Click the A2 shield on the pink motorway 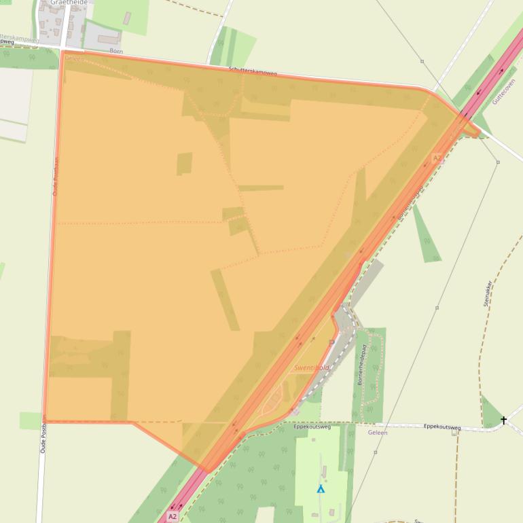click(x=173, y=516)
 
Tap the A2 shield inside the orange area click(x=437, y=158)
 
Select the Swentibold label click(x=312, y=367)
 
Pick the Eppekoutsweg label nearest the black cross click(x=441, y=427)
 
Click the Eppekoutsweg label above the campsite click(x=312, y=427)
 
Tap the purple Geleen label click(x=377, y=432)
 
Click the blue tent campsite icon click(x=321, y=488)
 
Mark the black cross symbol click(x=503, y=420)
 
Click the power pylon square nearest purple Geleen click(x=375, y=452)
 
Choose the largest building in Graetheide click(x=108, y=39)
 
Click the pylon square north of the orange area click(x=422, y=61)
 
